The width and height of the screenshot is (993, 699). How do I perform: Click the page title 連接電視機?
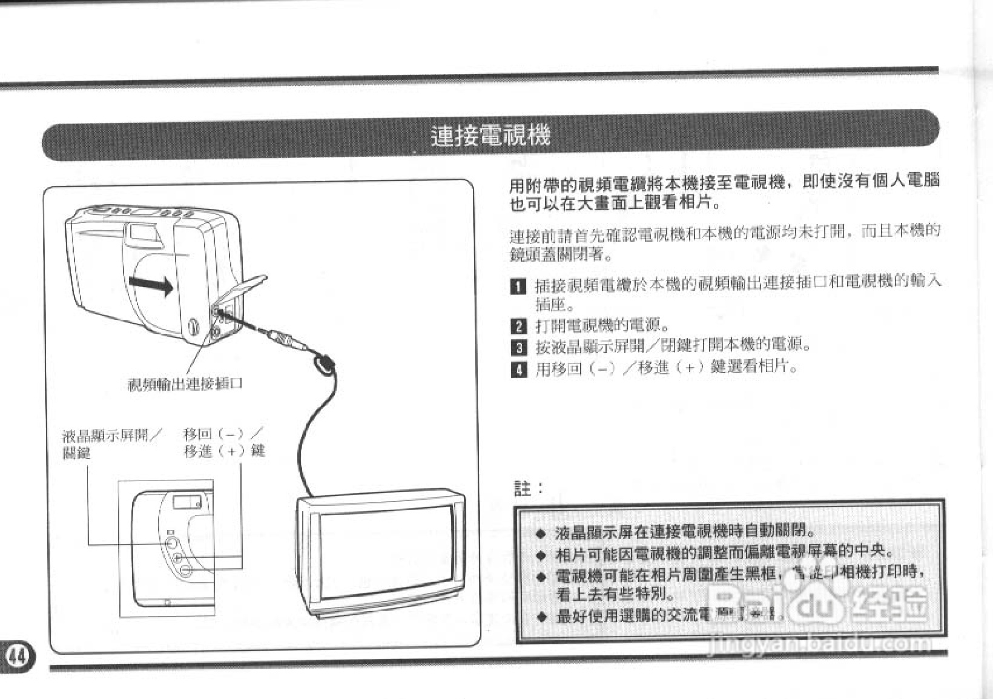click(490, 136)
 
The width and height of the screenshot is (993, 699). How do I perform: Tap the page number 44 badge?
click(19, 655)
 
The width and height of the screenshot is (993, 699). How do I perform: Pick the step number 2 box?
click(518, 326)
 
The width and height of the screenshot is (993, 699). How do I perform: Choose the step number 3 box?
click(518, 347)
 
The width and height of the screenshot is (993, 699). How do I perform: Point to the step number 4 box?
click(518, 368)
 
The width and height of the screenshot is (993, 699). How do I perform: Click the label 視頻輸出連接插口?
click(185, 384)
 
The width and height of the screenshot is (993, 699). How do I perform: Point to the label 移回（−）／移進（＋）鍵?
click(224, 442)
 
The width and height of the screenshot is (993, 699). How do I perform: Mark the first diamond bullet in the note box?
click(542, 533)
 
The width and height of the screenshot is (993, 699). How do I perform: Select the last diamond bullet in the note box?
click(542, 617)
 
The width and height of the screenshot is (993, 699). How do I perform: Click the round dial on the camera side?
click(194, 327)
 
